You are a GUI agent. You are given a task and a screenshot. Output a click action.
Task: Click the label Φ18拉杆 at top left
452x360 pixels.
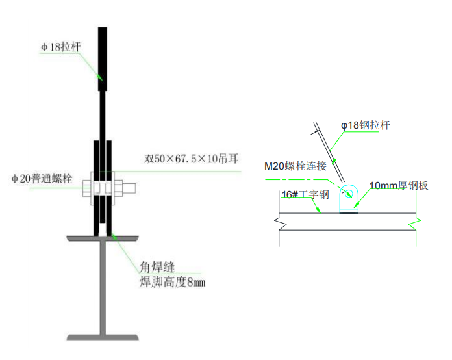60,47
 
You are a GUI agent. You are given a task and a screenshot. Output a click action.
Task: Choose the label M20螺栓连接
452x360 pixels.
295,166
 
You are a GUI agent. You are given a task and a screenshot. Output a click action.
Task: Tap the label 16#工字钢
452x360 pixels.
306,194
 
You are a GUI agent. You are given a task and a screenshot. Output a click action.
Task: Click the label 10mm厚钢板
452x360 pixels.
399,186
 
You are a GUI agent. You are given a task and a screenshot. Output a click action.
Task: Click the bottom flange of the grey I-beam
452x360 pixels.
103,337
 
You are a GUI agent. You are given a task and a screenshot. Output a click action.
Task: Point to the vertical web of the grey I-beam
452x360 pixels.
103,286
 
